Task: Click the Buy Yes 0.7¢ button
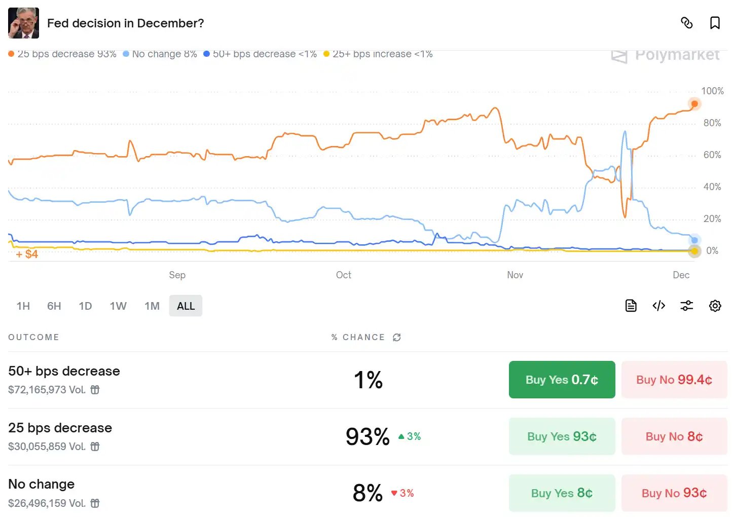click(562, 380)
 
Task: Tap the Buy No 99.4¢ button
click(674, 380)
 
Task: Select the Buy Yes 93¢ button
click(562, 436)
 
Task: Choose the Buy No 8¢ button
click(674, 436)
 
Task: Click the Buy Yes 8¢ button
click(562, 493)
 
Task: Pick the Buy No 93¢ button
click(674, 493)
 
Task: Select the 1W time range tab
click(118, 306)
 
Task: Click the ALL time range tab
click(186, 306)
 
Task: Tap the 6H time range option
click(54, 306)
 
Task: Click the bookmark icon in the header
click(715, 23)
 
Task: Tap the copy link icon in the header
click(687, 23)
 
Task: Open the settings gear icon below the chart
click(715, 306)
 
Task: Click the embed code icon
click(658, 306)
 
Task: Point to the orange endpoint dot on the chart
click(694, 104)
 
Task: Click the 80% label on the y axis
click(712, 123)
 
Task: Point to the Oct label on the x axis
click(343, 275)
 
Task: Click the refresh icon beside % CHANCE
click(397, 338)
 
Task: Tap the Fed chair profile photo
click(23, 23)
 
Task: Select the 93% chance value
click(368, 436)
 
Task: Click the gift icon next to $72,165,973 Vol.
click(95, 390)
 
